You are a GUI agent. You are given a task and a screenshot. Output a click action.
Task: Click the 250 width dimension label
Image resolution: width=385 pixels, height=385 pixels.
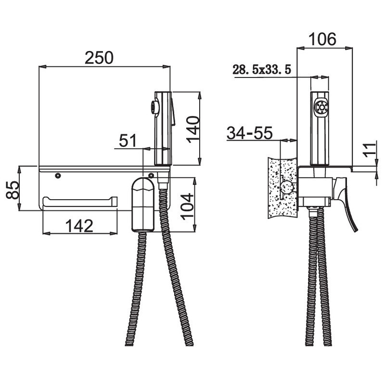click(99, 58)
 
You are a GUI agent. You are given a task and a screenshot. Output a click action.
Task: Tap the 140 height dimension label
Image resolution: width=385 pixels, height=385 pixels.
click(193, 129)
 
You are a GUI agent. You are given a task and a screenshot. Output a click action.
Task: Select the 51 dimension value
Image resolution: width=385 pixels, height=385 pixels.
click(128, 141)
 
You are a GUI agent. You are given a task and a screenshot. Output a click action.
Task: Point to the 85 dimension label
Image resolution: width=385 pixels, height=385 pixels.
click(13, 190)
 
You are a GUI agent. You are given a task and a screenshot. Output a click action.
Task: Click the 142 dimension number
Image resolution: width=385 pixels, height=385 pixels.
click(79, 226)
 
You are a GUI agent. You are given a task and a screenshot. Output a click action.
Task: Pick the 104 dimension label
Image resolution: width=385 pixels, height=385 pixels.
click(187, 206)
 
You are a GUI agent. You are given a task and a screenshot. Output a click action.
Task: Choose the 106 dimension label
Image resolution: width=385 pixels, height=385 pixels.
click(322, 39)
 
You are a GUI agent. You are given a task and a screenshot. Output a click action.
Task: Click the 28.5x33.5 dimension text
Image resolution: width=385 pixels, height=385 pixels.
click(262, 70)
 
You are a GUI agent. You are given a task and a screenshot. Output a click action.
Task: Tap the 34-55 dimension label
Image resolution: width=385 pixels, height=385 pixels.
click(250, 133)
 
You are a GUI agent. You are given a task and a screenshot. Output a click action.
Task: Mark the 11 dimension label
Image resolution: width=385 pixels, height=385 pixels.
click(370, 149)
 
